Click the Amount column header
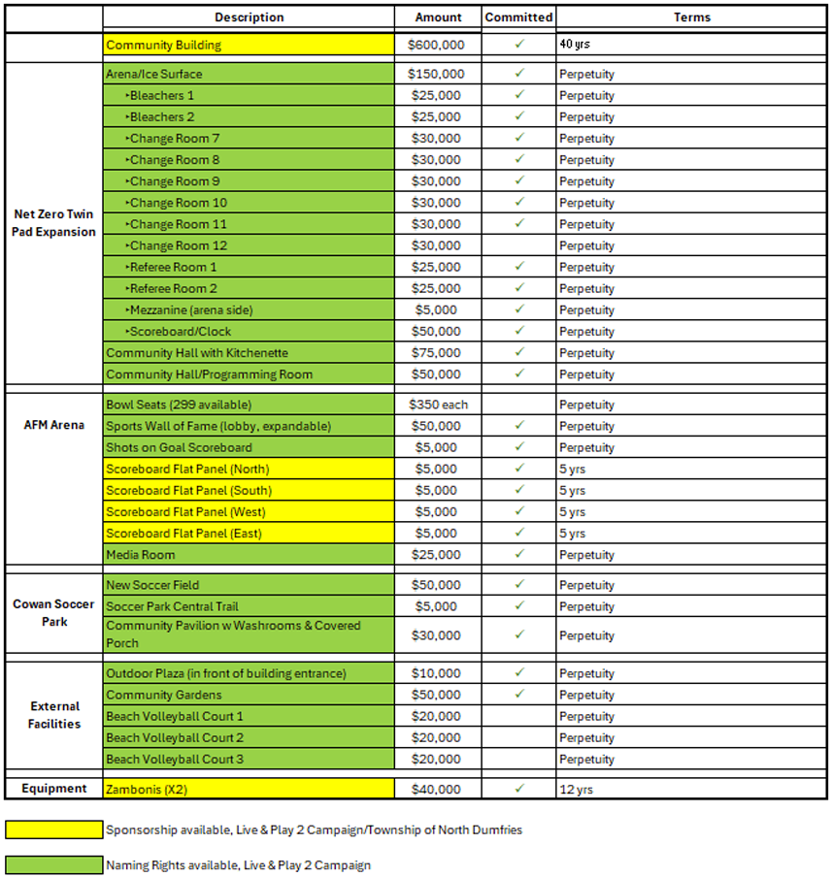439,17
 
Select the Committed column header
518,17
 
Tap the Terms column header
691,17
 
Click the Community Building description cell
249,45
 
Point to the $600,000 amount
438,45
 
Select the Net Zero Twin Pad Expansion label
54,223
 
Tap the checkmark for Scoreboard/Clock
519,331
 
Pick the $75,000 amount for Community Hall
438,353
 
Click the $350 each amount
438,405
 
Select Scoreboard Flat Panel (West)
185,512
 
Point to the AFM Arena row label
54,425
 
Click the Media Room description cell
249,555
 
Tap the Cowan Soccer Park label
54,612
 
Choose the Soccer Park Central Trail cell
249,606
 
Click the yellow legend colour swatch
53,830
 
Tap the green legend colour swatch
53,865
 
